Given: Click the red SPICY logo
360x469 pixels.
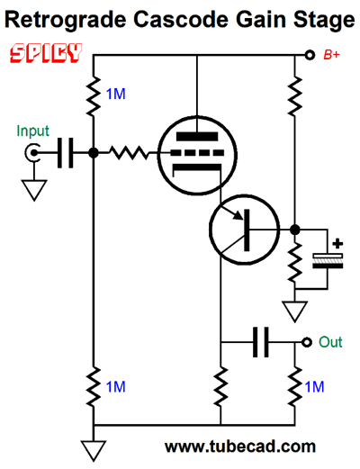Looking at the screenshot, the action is [x=46, y=53].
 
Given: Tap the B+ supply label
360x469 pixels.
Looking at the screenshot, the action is [x=331, y=55].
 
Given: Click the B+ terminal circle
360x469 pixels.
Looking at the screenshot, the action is [x=310, y=55].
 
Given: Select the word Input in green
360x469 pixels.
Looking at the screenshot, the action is [x=32, y=131].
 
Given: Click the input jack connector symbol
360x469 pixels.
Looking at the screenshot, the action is [x=31, y=153].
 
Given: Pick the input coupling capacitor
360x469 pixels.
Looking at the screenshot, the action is [x=65, y=153].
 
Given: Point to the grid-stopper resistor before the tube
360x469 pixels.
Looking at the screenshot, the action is [x=129, y=153].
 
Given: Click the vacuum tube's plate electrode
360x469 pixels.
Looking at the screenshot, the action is [x=197, y=137].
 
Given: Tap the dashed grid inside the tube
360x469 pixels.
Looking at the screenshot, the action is [x=197, y=153].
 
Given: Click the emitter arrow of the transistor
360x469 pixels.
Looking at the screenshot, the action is [x=235, y=212].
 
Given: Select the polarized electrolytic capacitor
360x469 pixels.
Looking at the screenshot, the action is [x=328, y=261].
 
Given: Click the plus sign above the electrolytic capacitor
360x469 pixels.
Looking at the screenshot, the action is [x=337, y=243].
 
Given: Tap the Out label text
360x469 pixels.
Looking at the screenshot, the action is [x=330, y=342].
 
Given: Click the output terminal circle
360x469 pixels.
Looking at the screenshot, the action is [x=307, y=342].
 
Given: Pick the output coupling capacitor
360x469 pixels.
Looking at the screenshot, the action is [x=261, y=342].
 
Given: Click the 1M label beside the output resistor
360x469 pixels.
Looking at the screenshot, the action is [x=314, y=387].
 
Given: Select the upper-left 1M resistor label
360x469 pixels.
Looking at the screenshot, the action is [x=116, y=95].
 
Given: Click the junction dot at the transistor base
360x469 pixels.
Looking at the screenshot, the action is [x=295, y=230].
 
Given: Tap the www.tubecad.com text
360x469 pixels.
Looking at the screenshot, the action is [x=240, y=446].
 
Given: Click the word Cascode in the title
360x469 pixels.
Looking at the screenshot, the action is [x=181, y=20].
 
